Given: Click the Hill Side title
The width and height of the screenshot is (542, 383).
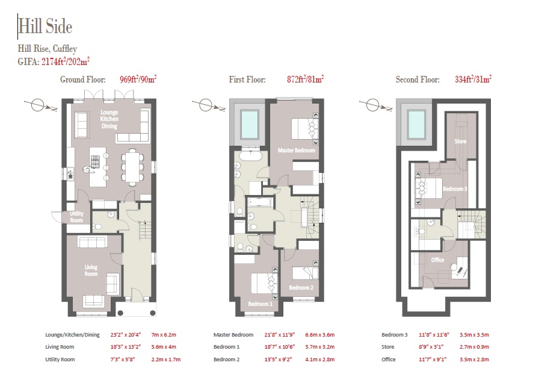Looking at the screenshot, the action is (x=45, y=26).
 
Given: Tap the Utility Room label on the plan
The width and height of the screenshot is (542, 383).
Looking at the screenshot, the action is (x=76, y=217).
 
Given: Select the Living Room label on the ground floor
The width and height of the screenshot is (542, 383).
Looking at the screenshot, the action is (x=91, y=270).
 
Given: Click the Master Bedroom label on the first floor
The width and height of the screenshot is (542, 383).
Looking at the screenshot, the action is (x=296, y=151).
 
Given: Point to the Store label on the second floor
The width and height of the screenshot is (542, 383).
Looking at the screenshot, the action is (x=460, y=141).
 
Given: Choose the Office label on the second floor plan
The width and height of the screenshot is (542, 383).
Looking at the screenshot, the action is (x=437, y=260).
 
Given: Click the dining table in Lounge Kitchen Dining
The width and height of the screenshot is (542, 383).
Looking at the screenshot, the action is (x=132, y=167).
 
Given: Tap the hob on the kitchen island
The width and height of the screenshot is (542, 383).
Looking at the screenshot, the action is (x=94, y=161).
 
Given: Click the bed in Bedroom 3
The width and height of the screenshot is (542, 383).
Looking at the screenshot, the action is (x=429, y=188).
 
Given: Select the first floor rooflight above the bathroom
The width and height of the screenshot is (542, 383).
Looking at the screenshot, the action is (x=250, y=125).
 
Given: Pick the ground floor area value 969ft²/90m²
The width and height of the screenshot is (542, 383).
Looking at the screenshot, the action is (x=138, y=79).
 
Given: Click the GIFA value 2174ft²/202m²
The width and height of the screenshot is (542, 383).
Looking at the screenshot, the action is (x=66, y=61).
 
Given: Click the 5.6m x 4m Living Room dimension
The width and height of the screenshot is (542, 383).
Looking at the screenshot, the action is (x=164, y=347).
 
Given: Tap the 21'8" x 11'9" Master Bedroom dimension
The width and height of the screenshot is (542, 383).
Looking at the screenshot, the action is (x=279, y=335).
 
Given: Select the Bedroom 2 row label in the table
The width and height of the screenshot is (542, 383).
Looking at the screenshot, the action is (x=226, y=360).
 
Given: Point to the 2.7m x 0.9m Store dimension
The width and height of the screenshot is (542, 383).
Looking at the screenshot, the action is (x=474, y=347).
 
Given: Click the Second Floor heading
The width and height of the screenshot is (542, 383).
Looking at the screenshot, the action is (x=417, y=79).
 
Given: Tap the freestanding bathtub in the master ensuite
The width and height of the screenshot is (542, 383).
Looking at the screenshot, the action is (x=250, y=156).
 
